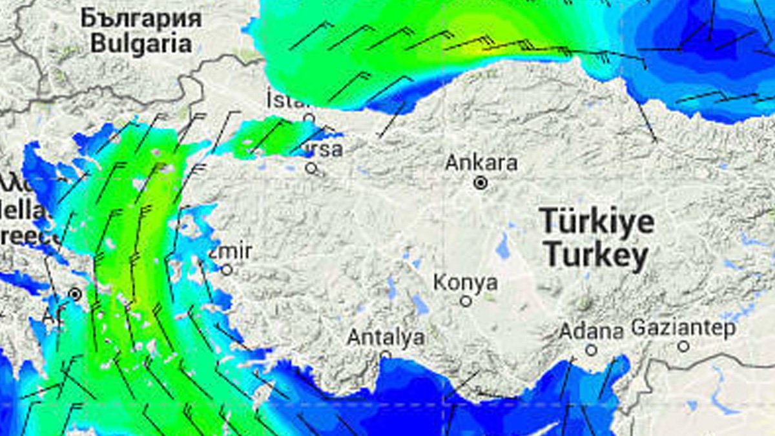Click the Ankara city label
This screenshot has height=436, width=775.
pos(481,162)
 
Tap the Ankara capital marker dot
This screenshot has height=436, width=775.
pos(480,183)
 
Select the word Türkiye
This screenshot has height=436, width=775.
pos(597,222)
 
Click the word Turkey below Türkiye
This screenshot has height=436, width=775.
pos(595,255)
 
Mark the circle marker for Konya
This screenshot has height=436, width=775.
pos(466,301)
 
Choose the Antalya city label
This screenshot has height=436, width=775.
pos(386,337)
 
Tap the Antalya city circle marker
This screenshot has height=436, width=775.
pos(386,355)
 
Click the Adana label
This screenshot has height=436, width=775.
pos(591,332)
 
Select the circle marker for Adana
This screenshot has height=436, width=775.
pos(591,349)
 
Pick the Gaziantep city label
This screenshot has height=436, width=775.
pos(683,328)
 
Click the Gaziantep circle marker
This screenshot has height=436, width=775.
pos(683,346)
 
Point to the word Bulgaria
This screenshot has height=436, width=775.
pos(141,44)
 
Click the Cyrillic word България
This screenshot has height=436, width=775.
pos(141,18)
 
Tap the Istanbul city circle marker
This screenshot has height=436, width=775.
pos(309,118)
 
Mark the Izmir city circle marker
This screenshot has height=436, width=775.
pos(227,269)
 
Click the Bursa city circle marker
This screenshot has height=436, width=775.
pos(311,168)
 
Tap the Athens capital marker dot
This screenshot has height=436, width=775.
pos(75,295)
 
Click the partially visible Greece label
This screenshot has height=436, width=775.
pos(23,236)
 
